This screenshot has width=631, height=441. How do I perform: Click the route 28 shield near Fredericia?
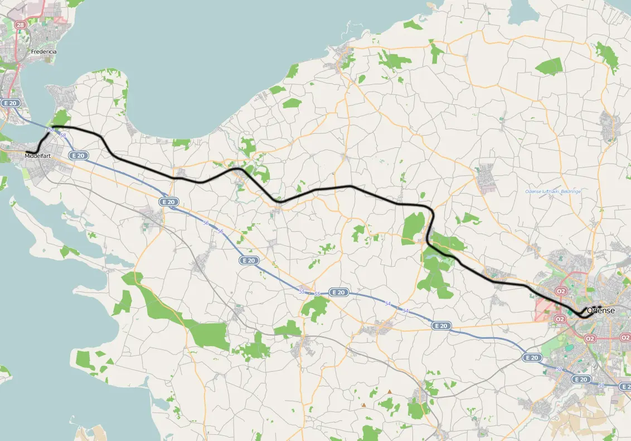[x=21, y=25]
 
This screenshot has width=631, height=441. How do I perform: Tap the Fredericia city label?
[x=44, y=51]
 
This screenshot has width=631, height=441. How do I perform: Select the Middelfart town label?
[x=38, y=156]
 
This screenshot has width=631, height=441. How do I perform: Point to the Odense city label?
[x=601, y=310]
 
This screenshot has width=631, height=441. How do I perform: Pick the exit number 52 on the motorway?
[x=559, y=369]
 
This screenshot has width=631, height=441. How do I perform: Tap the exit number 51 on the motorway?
[x=601, y=385]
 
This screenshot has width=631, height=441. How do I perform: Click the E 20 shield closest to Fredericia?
[x=11, y=103]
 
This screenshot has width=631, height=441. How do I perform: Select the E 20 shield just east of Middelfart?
[x=79, y=156]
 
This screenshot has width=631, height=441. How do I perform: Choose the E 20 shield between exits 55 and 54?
[x=338, y=292]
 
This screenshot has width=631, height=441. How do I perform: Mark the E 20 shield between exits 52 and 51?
[x=581, y=380]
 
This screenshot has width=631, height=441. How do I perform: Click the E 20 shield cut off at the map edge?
[x=625, y=387]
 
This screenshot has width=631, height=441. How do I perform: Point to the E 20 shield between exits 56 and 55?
[x=249, y=260]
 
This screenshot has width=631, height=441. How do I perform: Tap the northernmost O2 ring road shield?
[x=561, y=291]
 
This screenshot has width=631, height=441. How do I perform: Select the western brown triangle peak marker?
[x=363, y=405]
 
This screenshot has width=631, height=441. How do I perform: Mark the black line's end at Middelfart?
[x=27, y=152]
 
